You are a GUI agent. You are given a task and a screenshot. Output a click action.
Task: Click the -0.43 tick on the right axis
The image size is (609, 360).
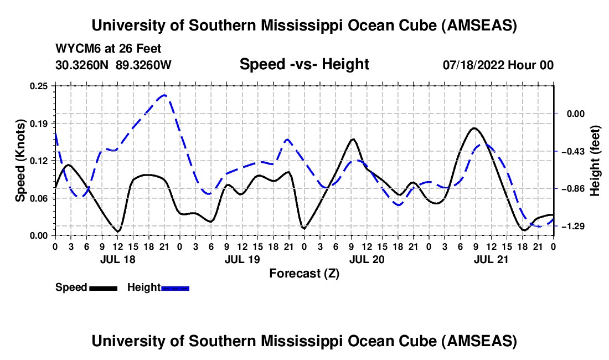pyautogui.click(x=575, y=151)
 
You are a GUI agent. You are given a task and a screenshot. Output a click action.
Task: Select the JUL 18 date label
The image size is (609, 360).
pyautogui.click(x=117, y=259)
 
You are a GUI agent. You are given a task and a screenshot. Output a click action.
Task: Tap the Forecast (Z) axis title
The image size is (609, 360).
pyautogui.click(x=304, y=273)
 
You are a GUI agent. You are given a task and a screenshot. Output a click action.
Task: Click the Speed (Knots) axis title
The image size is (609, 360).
pyautogui.click(x=20, y=160)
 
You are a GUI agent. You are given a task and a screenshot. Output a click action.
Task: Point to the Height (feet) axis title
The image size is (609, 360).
pyautogui.click(x=596, y=160)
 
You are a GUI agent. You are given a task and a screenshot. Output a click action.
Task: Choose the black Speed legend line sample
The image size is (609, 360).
pyautogui.click(x=103, y=287)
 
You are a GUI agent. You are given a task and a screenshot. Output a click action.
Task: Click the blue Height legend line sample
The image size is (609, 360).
pyautogui.click(x=176, y=287)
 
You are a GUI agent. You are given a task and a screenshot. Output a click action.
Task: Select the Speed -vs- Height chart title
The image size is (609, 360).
pyautogui.click(x=304, y=64)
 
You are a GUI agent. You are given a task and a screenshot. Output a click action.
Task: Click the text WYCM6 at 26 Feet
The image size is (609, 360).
pyautogui.click(x=109, y=49)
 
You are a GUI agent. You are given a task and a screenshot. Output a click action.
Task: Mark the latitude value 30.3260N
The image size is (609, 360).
pyautogui.click(x=84, y=65)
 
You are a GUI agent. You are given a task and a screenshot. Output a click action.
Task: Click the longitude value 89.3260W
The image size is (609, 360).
pyautogui.click(x=144, y=65)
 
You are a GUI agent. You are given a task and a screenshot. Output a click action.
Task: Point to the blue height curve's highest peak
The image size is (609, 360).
pyautogui.click(x=164, y=95)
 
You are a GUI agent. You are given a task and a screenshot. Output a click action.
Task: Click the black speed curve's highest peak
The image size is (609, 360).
pyautogui.click(x=474, y=128)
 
